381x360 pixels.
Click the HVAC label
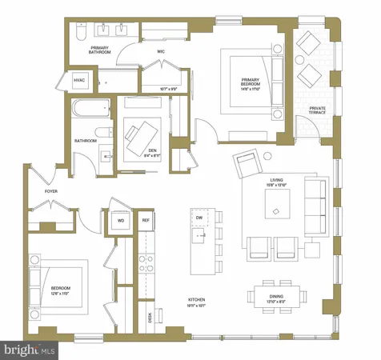(79, 80)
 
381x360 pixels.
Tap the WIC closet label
(160, 52)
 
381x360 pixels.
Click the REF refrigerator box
(146, 220)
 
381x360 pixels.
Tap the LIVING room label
(277, 186)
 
